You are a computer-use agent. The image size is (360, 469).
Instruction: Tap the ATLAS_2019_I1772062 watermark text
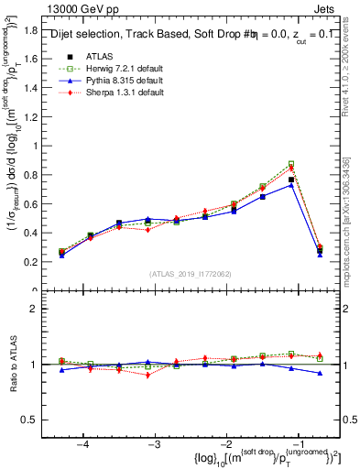pyautogui.click(x=191, y=275)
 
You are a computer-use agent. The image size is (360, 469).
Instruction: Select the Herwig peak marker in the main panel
pyautogui.click(x=291, y=165)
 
